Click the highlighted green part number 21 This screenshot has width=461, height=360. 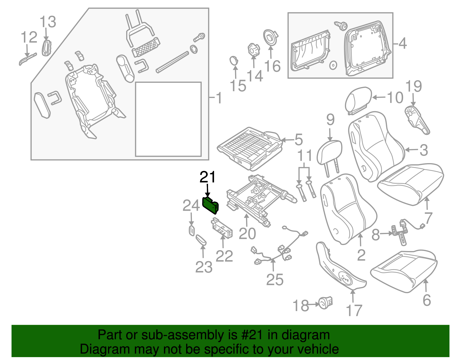click(211, 205)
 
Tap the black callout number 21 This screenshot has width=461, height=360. click(207, 177)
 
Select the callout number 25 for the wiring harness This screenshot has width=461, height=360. click(275, 279)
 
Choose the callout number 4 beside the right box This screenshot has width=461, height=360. click(402, 44)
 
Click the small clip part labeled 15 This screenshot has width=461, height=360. click(234, 61)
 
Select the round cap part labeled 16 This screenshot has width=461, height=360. click(271, 37)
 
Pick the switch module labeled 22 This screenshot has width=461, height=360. click(222, 227)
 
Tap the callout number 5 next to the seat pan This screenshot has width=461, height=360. click(298, 140)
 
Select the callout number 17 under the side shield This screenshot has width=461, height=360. click(354, 310)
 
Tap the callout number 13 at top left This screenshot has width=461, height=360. click(48, 22)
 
